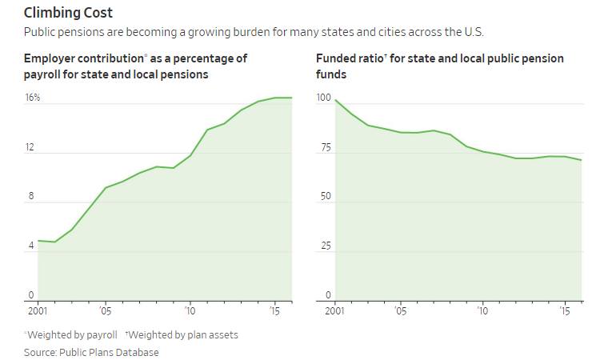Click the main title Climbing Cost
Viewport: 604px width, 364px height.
(68, 13)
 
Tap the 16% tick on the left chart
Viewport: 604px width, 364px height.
(32, 98)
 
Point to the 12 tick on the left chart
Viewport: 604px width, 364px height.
(30, 147)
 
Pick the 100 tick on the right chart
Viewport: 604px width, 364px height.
(323, 98)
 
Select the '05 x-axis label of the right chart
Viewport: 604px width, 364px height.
(400, 310)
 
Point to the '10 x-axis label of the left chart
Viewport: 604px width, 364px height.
(190, 310)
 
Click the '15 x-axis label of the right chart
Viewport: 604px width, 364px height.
(564, 310)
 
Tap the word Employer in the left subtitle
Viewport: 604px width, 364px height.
(50, 59)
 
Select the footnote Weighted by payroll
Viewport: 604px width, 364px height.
(73, 334)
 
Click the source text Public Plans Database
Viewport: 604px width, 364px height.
(108, 352)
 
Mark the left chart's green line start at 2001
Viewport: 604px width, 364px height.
(38, 241)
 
